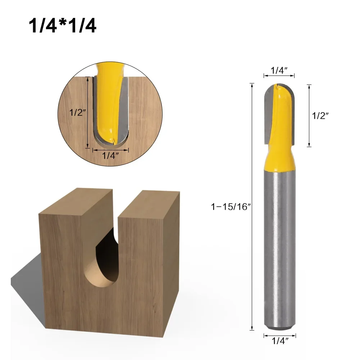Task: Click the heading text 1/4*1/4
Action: coord(63,26)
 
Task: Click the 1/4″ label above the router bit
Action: coord(279,71)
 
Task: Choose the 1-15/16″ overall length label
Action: coord(230,207)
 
